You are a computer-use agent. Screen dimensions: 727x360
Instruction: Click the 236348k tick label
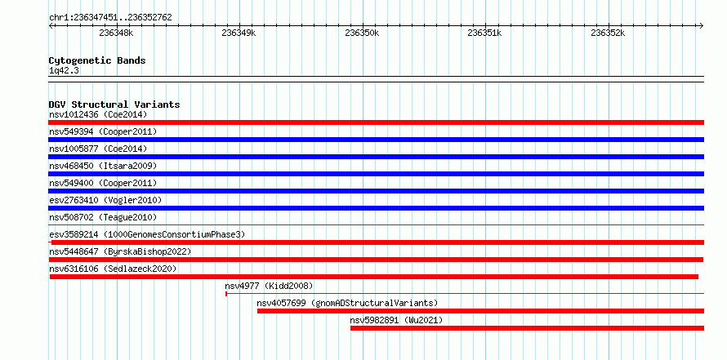[x=116, y=33]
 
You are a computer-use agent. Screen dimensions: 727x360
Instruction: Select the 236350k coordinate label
[x=362, y=33]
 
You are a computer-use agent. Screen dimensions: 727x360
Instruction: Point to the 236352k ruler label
[x=608, y=33]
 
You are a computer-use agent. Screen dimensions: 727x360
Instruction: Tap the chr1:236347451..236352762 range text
[x=110, y=18]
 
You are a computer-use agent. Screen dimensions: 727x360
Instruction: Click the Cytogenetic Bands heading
[x=97, y=60]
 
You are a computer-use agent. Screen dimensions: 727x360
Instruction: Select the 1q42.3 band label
[x=65, y=71]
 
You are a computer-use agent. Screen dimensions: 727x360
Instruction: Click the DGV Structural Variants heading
[x=114, y=104]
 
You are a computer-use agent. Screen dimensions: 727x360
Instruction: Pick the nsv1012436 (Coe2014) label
[x=98, y=114]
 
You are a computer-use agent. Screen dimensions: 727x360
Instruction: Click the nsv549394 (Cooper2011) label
[x=103, y=131]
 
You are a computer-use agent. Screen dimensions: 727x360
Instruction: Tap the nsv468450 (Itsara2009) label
[x=103, y=166]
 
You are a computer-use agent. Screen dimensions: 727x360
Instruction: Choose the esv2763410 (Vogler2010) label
[x=105, y=200]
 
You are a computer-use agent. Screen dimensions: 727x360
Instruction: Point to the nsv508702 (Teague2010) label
[x=103, y=217]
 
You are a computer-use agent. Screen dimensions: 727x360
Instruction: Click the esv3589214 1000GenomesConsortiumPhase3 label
[x=147, y=234]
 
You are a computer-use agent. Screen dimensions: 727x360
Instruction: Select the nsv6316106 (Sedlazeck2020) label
[x=113, y=269]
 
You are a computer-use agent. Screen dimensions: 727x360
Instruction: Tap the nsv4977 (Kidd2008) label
[x=269, y=286]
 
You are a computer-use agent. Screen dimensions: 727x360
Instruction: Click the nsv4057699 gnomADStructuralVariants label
[x=347, y=303]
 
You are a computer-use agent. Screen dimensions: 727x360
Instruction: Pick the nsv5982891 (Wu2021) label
[x=396, y=320]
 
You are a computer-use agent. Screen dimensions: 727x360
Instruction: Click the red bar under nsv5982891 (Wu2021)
[x=527, y=328]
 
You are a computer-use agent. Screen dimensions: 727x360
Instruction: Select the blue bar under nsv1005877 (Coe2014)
[x=376, y=157]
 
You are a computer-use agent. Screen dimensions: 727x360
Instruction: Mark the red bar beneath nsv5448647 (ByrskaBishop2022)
[x=376, y=260]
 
